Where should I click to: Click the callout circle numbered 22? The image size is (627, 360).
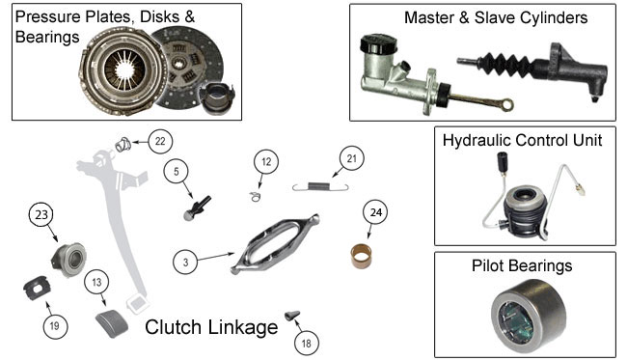point(160,141)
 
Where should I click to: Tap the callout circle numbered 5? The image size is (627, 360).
point(177,172)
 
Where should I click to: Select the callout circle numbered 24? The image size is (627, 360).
point(375,212)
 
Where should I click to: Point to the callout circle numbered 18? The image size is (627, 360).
point(307,344)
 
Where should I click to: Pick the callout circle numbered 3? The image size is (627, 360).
point(185,263)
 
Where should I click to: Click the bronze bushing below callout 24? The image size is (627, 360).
point(361,257)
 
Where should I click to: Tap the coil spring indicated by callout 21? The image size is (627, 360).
point(320,186)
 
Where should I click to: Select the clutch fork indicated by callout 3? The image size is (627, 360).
point(275,244)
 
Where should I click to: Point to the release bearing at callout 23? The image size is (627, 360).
point(68,260)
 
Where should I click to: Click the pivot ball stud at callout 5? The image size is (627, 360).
point(197,208)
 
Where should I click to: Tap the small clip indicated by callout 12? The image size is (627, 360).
point(255,196)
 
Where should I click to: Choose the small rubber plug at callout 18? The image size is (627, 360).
point(292,316)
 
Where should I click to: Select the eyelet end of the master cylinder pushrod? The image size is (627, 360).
point(507,105)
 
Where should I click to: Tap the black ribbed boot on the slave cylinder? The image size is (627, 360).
point(507,65)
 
